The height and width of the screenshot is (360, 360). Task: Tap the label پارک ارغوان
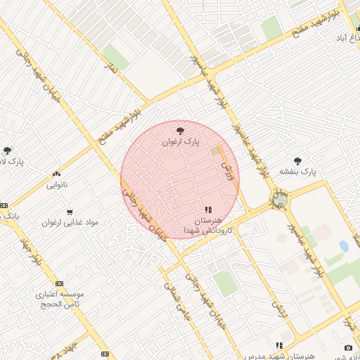point(181,141)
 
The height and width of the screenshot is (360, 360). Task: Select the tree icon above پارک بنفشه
point(297,160)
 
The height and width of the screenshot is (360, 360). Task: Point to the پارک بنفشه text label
point(298,172)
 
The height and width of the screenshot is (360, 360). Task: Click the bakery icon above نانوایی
point(56,174)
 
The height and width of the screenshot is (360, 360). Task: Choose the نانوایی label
point(56,185)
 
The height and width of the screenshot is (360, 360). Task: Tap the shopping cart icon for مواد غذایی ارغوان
point(69,212)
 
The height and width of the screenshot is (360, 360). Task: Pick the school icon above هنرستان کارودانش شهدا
point(208,210)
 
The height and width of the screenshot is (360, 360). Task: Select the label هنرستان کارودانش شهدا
point(203,226)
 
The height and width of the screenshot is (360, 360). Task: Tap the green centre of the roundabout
point(281,200)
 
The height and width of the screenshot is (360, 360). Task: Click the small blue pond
point(344,246)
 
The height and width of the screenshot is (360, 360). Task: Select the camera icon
point(349,347)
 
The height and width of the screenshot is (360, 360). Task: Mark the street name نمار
point(109,70)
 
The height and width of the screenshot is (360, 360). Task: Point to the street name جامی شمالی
point(172,295)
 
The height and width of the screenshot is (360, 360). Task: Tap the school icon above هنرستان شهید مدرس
point(279,346)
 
